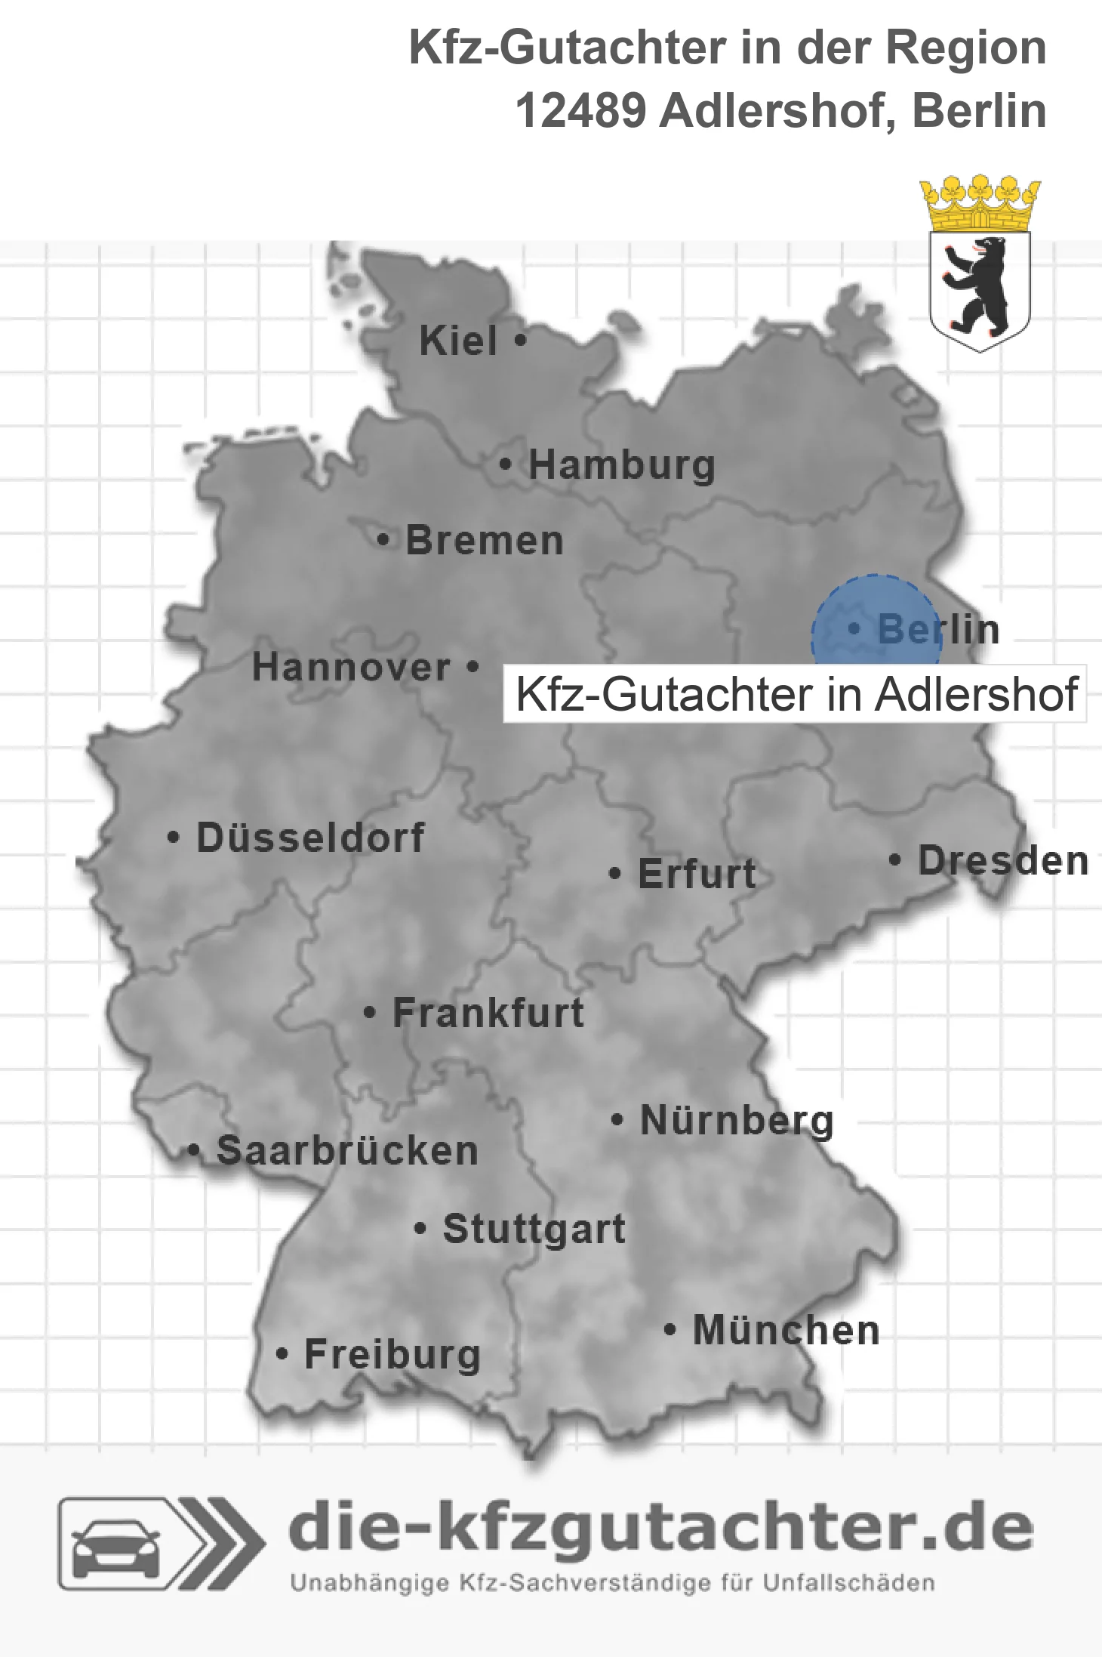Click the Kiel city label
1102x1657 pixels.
pyautogui.click(x=458, y=341)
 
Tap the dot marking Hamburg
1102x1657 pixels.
pyautogui.click(x=506, y=464)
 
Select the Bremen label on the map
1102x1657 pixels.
pyautogui.click(x=485, y=541)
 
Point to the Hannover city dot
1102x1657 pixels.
pyautogui.click(x=473, y=666)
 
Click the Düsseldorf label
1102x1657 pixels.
pyautogui.click(x=310, y=838)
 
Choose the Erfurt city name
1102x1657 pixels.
pyautogui.click(x=697, y=874)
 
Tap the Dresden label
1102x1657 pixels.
pyautogui.click(x=1002, y=861)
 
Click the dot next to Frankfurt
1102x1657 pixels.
pyautogui.click(x=369, y=1012)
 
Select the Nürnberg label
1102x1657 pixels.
pyautogui.click(x=737, y=1120)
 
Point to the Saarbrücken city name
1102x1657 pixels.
pyautogui.click(x=347, y=1151)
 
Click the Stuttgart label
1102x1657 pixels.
pyautogui.click(x=534, y=1229)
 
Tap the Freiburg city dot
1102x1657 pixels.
pyautogui.click(x=282, y=1354)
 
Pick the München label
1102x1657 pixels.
pyautogui.click(x=786, y=1330)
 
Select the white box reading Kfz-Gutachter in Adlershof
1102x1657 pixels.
pyautogui.click(x=795, y=693)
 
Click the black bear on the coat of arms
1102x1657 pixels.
pyautogui.click(x=978, y=285)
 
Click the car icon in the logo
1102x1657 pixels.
pyautogui.click(x=115, y=1544)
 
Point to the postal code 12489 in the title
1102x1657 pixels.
pyautogui.click(x=580, y=111)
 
